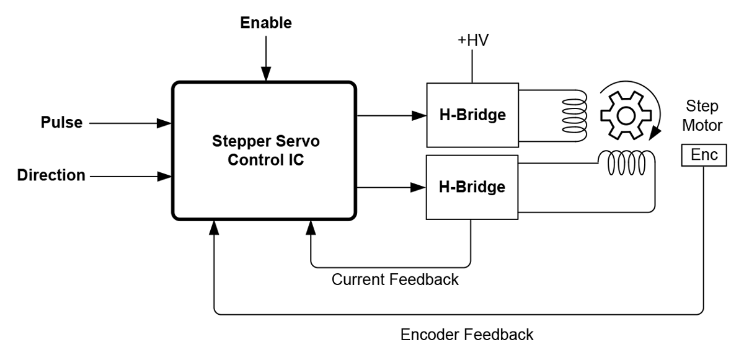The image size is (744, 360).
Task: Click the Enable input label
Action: [265, 24]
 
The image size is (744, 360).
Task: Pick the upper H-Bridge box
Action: [472, 115]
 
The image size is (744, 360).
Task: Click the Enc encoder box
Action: [704, 156]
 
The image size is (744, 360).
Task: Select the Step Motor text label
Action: [702, 116]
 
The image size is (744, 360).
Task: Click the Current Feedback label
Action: [395, 279]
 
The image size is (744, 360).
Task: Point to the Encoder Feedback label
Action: [466, 335]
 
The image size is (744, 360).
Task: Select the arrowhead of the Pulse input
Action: [164, 123]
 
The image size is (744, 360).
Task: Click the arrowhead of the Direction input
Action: [164, 176]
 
